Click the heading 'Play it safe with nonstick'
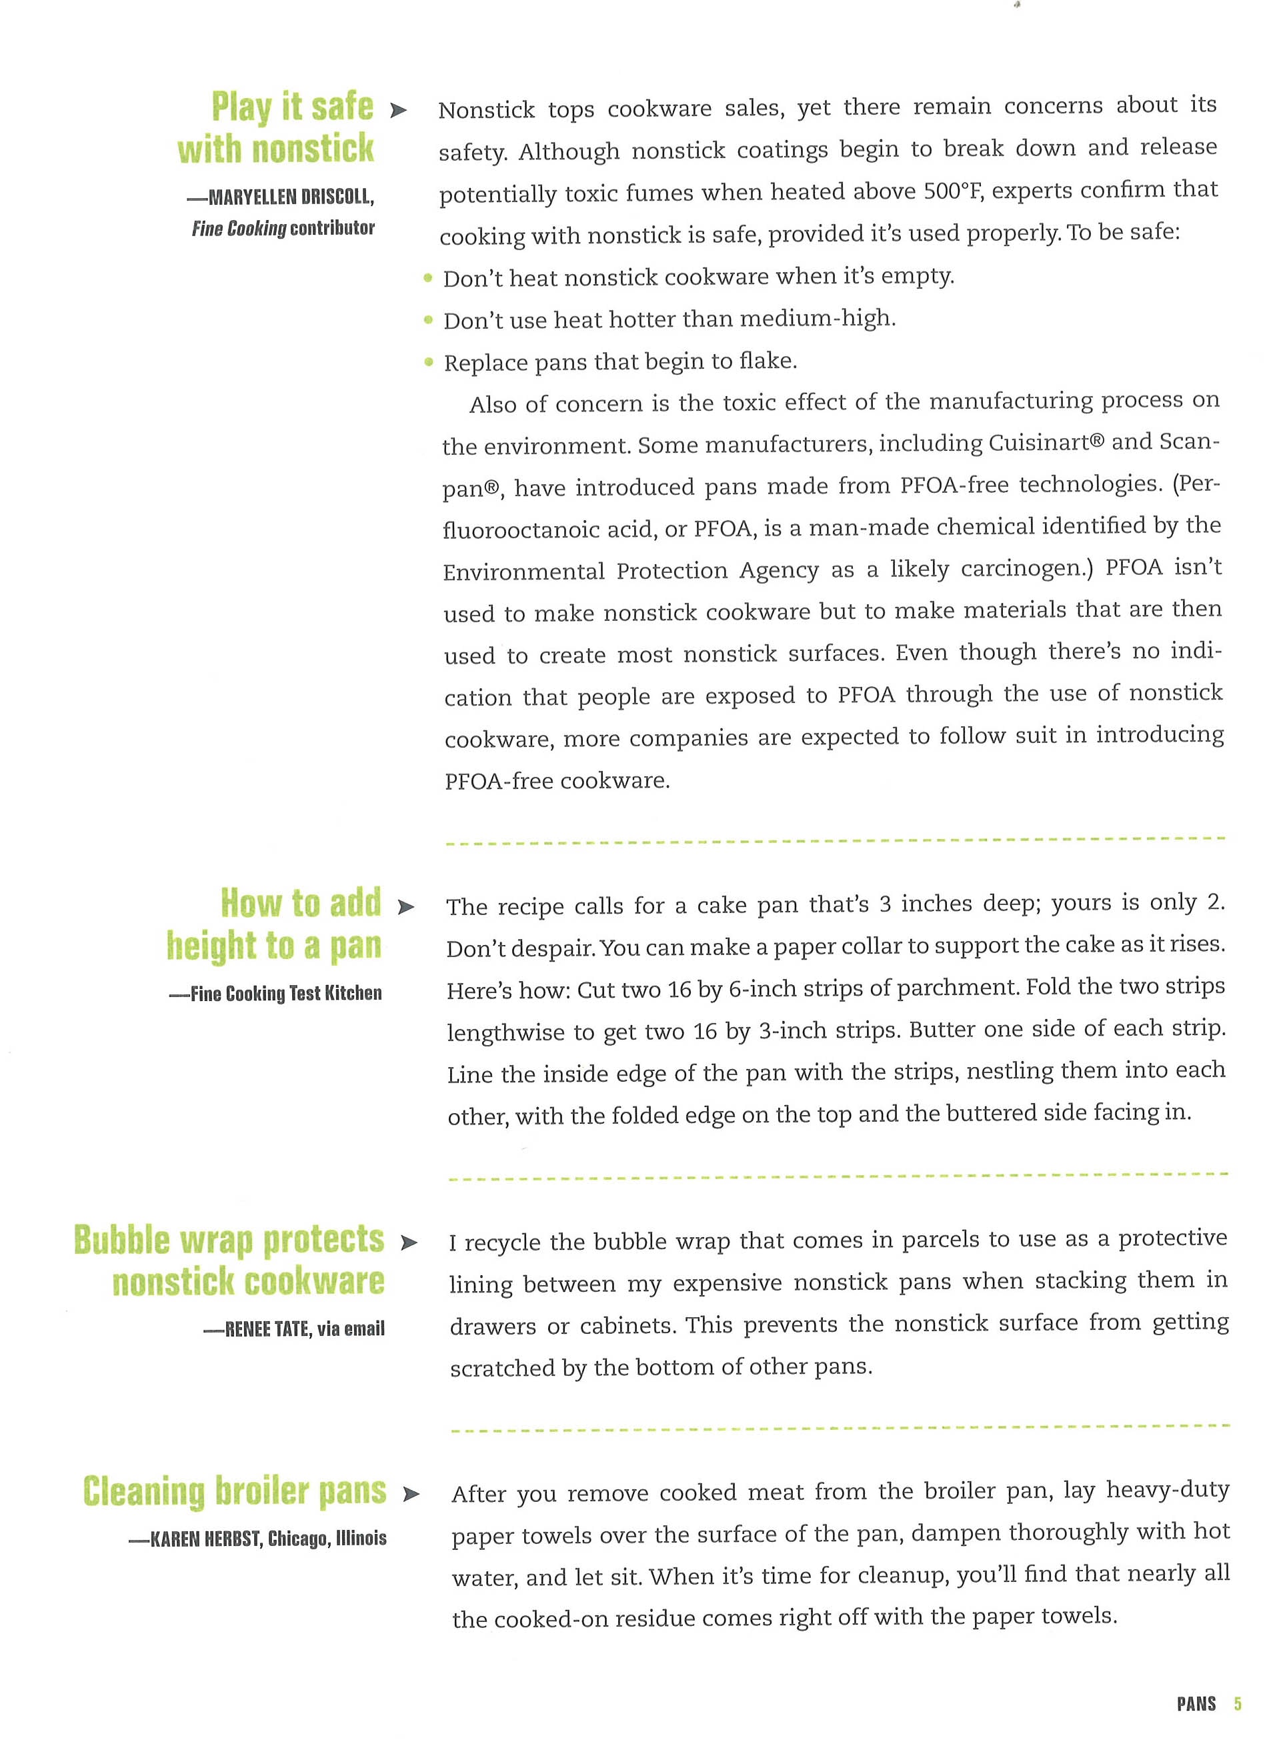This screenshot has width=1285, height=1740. click(x=276, y=127)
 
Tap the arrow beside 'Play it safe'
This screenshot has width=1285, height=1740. click(x=398, y=111)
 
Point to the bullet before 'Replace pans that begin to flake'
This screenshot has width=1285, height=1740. click(x=429, y=361)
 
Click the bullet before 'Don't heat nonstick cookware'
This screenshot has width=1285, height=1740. click(x=428, y=277)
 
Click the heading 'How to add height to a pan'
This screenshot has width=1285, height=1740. click(x=275, y=924)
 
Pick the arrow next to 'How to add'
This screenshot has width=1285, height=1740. click(x=405, y=907)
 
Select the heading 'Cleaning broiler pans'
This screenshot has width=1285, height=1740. click(x=235, y=1491)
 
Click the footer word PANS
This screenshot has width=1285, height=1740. click(x=1196, y=1703)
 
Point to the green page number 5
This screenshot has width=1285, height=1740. click(x=1237, y=1703)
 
